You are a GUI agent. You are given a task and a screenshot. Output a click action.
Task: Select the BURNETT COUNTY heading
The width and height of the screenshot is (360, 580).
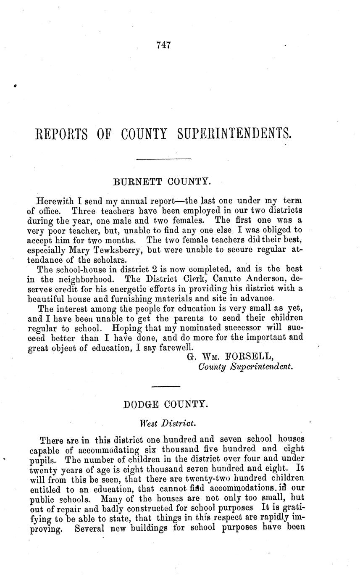click(162, 182)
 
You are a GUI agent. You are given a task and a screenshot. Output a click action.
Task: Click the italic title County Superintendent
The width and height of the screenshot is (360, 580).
click(245, 367)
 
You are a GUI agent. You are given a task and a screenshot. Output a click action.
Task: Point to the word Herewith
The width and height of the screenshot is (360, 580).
click(55, 201)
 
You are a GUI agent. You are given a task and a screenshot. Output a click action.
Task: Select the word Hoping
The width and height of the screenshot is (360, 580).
click(123, 328)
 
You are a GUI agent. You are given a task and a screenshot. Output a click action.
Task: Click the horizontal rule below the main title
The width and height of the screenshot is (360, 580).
click(164, 159)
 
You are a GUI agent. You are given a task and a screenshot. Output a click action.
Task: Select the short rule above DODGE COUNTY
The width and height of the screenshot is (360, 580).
click(165, 386)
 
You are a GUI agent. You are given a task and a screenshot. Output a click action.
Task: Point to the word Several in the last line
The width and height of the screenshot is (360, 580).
click(89, 528)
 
